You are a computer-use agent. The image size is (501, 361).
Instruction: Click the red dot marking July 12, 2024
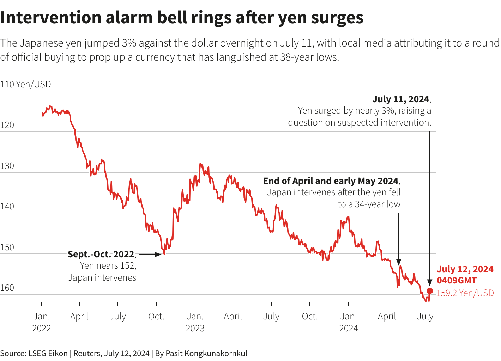pos(430,291)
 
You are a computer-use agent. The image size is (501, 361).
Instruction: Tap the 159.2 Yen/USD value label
pos(465,293)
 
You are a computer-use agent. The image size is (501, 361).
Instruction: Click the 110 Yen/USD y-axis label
pos(25,84)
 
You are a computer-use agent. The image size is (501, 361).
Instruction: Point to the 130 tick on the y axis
pos(7,166)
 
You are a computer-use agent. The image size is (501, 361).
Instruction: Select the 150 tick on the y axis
pos(7,247)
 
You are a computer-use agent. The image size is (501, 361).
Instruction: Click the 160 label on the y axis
pos(7,288)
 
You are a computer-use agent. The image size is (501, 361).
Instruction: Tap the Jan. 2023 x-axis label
pos(195,322)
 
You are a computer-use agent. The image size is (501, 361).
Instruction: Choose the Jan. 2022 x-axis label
pos(42,322)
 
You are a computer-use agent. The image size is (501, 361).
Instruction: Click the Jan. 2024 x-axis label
pos(349,322)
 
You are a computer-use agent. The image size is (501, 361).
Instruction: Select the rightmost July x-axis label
pos(425,316)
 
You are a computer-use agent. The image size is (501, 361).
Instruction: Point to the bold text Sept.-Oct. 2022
pos(101,254)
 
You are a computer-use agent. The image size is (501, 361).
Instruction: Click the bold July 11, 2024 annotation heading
pos(401,99)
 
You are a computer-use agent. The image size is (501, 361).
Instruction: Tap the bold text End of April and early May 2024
pos(331,181)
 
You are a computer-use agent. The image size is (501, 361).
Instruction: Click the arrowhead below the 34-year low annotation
pos(399,262)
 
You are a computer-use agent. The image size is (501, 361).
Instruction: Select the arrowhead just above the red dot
pos(430,282)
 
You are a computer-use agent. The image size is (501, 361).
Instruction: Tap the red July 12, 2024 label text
pos(465,269)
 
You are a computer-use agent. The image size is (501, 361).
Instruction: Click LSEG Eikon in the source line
pos(48,353)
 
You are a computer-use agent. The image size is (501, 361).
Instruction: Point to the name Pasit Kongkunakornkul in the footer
pos(206,353)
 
